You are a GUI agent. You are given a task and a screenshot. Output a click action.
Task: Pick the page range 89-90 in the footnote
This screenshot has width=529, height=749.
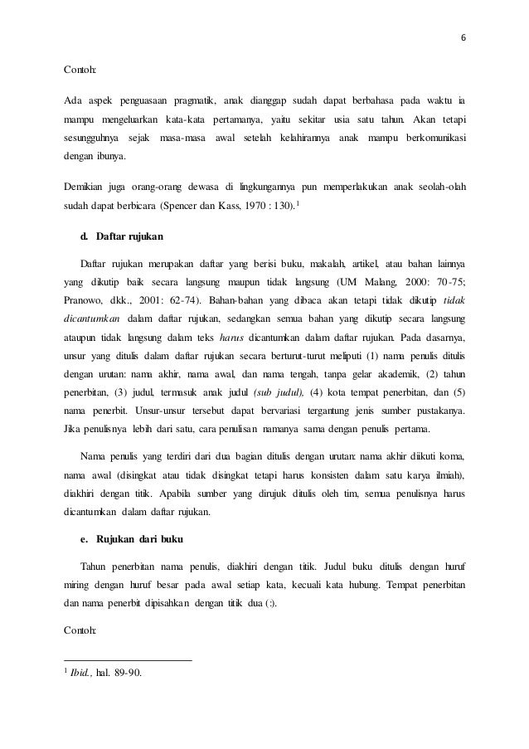[128, 672]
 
